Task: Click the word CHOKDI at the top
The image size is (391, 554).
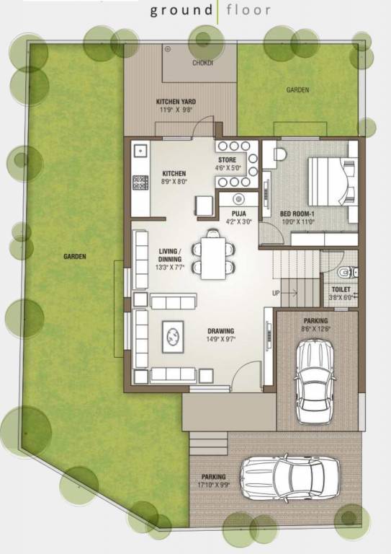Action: click(203, 63)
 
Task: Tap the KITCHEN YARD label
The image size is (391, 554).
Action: click(176, 102)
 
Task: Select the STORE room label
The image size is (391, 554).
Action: click(227, 160)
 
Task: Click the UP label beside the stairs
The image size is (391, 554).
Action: click(276, 293)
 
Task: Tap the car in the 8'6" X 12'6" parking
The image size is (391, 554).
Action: click(315, 373)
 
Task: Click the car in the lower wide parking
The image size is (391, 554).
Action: click(291, 478)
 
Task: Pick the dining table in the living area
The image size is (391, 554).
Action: click(213, 257)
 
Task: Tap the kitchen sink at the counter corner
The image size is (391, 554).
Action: click(140, 153)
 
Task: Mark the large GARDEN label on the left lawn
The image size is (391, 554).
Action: click(74, 256)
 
